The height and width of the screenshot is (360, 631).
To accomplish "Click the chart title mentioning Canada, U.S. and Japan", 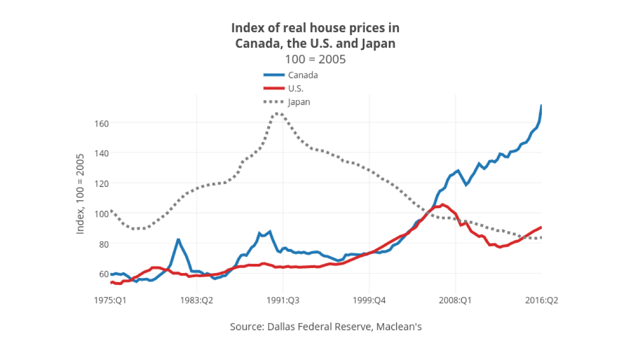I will [315, 35].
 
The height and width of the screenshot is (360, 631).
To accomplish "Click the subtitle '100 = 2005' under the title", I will [315, 59].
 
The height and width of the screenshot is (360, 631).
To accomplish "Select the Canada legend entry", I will [302, 75].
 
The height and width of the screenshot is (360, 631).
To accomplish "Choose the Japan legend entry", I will [298, 102].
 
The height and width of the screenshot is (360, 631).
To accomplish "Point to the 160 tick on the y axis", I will [102, 123].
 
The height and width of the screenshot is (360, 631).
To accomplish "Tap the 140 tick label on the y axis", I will [102, 153].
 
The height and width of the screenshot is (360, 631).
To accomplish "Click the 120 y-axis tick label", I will [102, 183].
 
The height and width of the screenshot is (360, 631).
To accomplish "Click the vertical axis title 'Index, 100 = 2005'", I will [80, 193].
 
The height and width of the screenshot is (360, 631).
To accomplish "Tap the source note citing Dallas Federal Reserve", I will [326, 327].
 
